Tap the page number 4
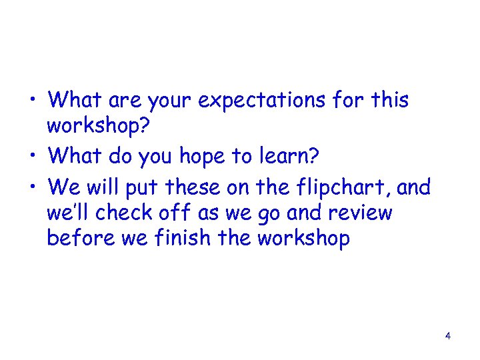pos(448,336)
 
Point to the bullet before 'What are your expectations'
pos(33,102)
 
